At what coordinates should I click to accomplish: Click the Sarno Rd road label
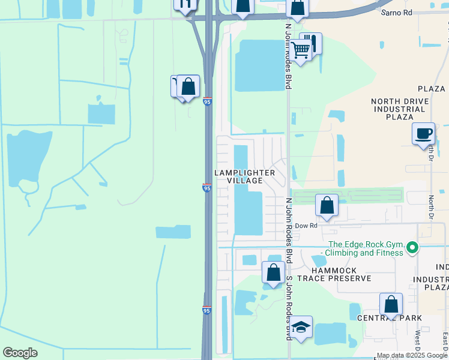(396, 12)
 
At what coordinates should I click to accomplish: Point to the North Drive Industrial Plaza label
(401, 110)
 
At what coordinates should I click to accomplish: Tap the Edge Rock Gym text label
(365, 248)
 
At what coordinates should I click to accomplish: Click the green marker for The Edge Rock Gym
(412, 247)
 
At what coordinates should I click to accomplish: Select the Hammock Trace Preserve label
(337, 274)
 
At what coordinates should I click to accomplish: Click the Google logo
(20, 353)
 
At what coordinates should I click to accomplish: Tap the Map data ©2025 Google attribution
(412, 355)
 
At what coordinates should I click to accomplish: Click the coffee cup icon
(424, 133)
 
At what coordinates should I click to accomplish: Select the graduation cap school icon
(301, 327)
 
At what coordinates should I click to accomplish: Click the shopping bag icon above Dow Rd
(327, 205)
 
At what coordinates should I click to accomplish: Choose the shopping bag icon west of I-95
(188, 86)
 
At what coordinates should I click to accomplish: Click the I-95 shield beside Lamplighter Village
(206, 188)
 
